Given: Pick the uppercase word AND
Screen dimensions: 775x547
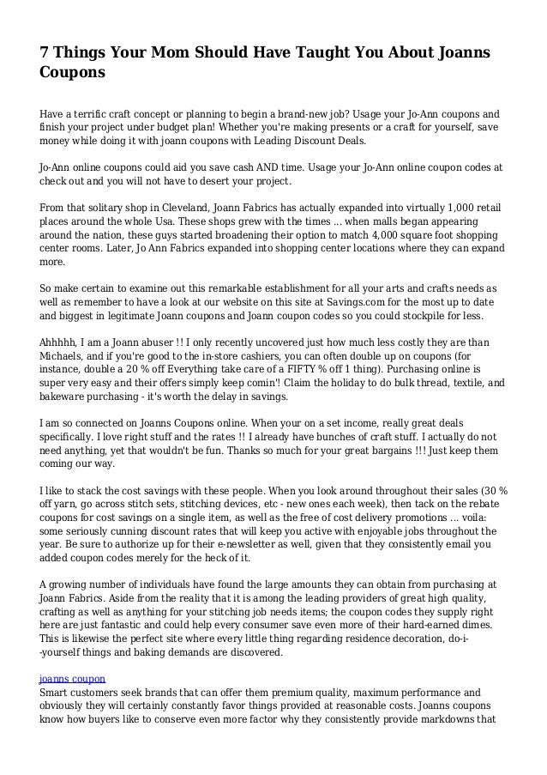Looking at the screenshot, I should pos(273,167).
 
